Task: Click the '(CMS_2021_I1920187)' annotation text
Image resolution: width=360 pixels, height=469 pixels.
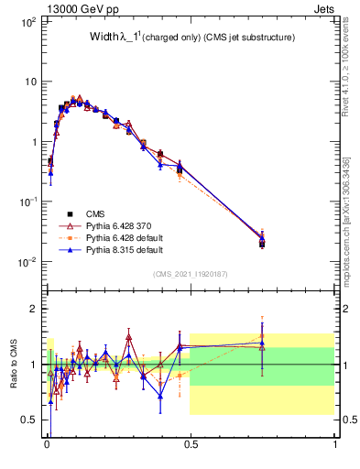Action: point(191,272)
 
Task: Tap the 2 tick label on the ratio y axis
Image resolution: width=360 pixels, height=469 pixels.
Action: point(33,309)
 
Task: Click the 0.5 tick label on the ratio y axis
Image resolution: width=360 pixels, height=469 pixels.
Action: point(29,420)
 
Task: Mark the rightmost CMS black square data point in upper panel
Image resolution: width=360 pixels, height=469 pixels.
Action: point(262,244)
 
